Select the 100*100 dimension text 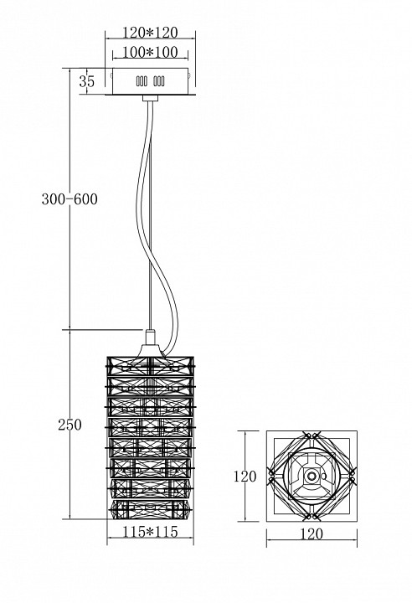(x=149, y=53)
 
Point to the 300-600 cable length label (x=70, y=199)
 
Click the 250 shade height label (x=70, y=425)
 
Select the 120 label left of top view (x=245, y=477)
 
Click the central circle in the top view (x=312, y=477)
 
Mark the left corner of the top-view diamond (x=270, y=477)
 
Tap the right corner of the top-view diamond (x=354, y=477)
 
